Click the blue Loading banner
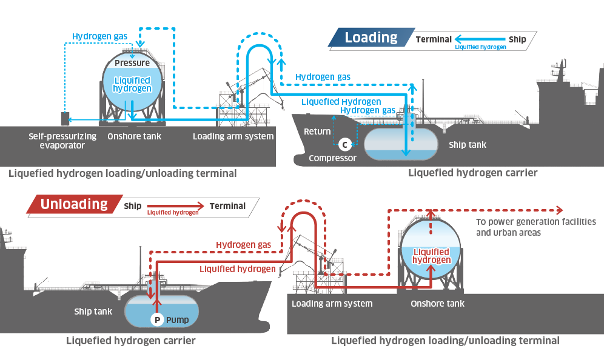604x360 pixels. [371, 38]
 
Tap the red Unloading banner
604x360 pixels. [73, 204]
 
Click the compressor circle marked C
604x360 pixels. [344, 144]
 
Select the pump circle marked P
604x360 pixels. [157, 319]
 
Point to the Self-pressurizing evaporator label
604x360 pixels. [62, 141]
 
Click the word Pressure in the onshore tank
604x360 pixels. [132, 63]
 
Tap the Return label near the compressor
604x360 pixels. [317, 132]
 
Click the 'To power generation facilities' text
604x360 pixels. [536, 222]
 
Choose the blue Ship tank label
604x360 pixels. [468, 145]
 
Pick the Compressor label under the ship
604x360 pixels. [332, 158]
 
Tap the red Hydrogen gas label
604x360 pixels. [243, 244]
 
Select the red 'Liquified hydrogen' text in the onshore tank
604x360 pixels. [431, 256]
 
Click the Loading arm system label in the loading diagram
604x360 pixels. [233, 136]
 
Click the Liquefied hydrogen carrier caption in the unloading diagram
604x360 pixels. [130, 341]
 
